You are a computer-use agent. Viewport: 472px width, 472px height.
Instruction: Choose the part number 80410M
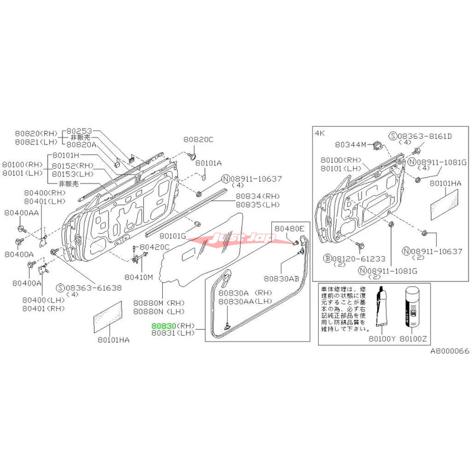[x=140, y=276]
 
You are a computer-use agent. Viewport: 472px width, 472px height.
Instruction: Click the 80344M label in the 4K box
[x=350, y=144]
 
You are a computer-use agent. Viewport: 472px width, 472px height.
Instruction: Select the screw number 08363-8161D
[x=424, y=136]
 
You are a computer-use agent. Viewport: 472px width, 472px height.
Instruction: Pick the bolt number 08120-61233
[x=354, y=258]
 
